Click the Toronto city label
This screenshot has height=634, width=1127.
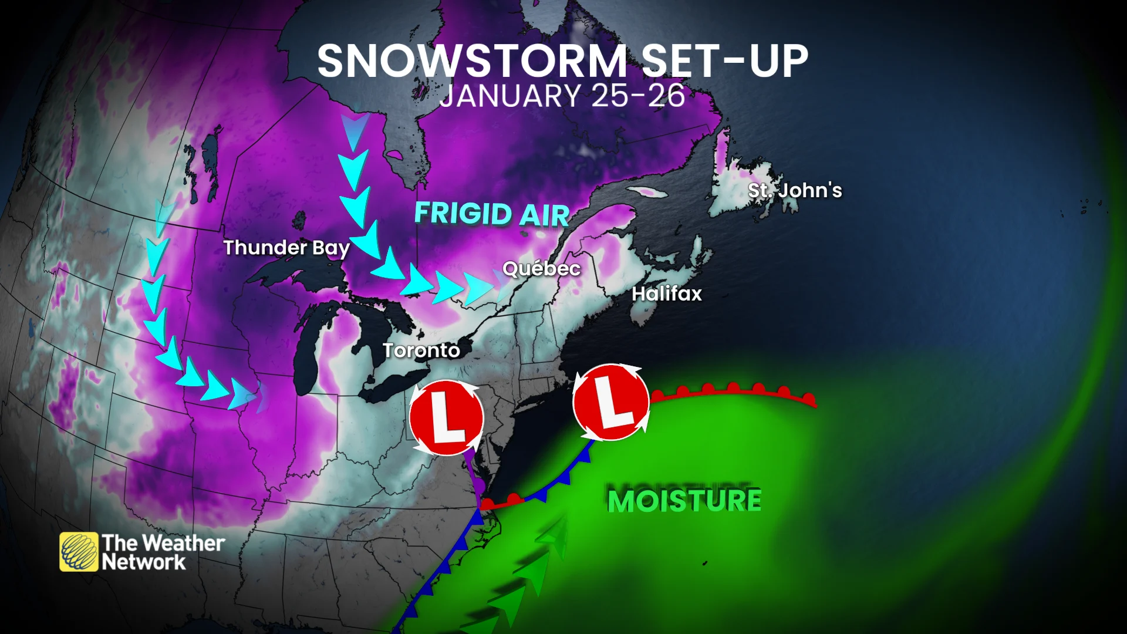click(x=421, y=350)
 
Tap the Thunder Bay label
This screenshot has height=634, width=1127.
click(x=286, y=248)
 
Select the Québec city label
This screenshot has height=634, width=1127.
click(x=541, y=269)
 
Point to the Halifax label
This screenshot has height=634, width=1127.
click(x=666, y=294)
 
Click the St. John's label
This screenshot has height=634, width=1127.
click(x=795, y=190)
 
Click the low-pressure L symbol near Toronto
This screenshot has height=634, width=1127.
click(x=447, y=417)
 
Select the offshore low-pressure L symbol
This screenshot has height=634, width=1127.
click(x=610, y=402)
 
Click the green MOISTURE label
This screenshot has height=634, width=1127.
click(x=684, y=501)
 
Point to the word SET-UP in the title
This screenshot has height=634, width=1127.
click(x=724, y=61)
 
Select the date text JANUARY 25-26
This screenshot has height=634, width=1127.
click(x=562, y=96)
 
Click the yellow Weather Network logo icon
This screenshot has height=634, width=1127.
click(x=79, y=552)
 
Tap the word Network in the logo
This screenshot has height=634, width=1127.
click(x=144, y=562)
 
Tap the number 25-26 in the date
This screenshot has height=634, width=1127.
click(x=638, y=96)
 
